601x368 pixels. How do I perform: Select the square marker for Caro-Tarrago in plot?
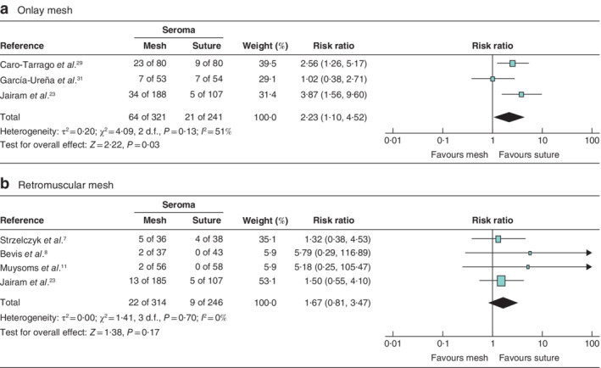512,64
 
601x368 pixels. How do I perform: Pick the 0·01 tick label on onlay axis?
392,139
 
